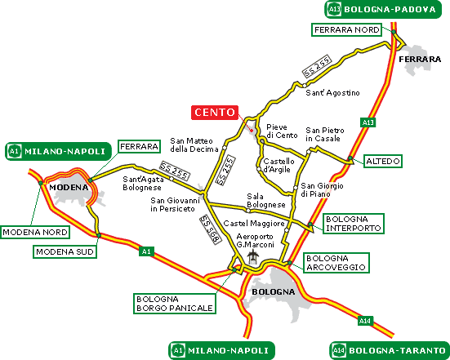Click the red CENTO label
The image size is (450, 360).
(215, 112)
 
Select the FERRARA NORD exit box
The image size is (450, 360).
(346, 30)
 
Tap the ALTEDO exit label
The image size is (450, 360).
(383, 161)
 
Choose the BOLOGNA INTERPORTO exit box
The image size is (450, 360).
(354, 224)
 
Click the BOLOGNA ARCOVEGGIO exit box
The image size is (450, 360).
(336, 263)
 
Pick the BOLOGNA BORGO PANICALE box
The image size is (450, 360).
(175, 304)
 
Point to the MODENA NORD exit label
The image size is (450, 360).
(35, 232)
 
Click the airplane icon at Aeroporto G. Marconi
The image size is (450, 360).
(253, 256)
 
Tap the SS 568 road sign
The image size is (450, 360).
(211, 229)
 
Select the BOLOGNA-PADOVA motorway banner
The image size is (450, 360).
(383, 10)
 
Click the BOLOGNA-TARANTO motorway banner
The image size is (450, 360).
(390, 350)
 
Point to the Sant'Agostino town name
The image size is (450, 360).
(332, 93)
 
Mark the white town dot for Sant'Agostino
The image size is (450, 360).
(304, 85)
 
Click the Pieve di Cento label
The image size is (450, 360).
(282, 131)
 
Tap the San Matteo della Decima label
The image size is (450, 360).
(194, 144)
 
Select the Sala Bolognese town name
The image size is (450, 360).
(266, 201)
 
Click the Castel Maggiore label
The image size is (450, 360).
(254, 223)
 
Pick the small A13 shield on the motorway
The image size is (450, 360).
(368, 122)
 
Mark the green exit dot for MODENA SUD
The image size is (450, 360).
(99, 235)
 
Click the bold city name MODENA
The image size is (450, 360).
(69, 188)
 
